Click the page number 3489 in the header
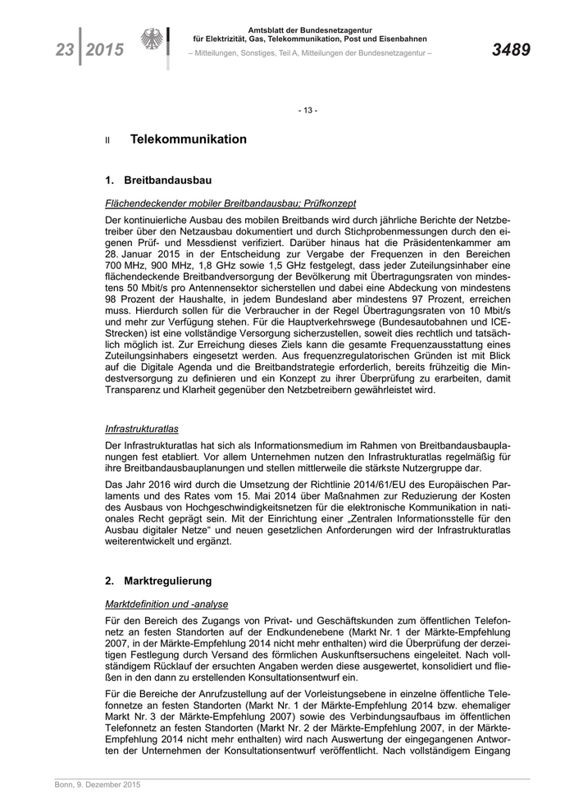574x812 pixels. point(510,51)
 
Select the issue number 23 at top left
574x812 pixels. point(64,51)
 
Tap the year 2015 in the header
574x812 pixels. point(104,51)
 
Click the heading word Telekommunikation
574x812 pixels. point(188,139)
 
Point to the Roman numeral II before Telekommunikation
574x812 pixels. point(107,141)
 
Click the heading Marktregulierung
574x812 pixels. point(168,581)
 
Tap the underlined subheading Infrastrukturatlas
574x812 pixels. point(142,428)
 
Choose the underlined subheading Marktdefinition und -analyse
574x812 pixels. point(166,604)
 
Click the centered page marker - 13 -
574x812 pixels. point(308,110)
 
